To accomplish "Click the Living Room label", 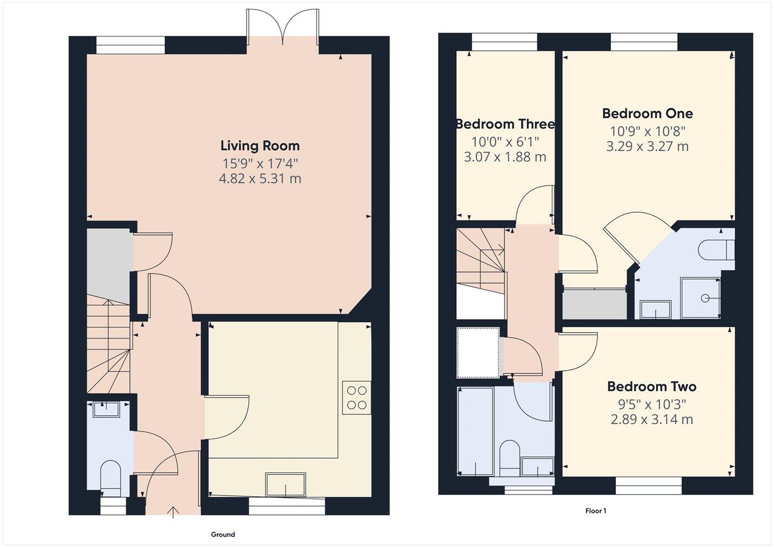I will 260,146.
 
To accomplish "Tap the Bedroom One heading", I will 647,114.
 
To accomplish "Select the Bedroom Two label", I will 651,387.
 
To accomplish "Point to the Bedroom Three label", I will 505,124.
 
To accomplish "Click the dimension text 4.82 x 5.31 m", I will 260,179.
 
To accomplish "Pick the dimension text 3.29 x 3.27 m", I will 647,146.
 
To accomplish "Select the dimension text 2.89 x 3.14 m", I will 651,419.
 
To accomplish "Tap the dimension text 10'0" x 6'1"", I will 505,141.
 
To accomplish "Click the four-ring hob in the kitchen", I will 357,398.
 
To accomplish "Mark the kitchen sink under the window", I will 285,485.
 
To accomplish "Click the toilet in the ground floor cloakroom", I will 111,476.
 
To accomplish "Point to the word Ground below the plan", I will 223,534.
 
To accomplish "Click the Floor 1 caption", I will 595,511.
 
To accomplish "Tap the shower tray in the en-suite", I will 700,298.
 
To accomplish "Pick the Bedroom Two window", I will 649,486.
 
